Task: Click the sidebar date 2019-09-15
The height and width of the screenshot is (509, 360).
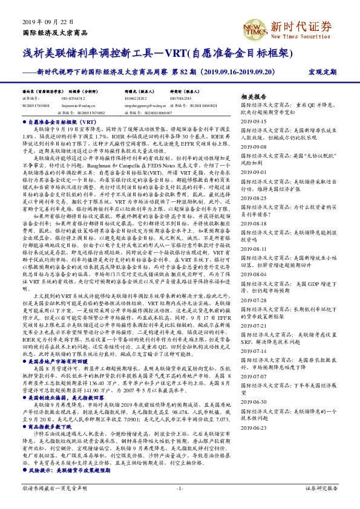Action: coord(255,120)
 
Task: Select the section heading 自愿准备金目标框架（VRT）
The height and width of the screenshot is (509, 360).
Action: coord(59,122)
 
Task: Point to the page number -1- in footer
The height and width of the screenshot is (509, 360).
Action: coord(180,488)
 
